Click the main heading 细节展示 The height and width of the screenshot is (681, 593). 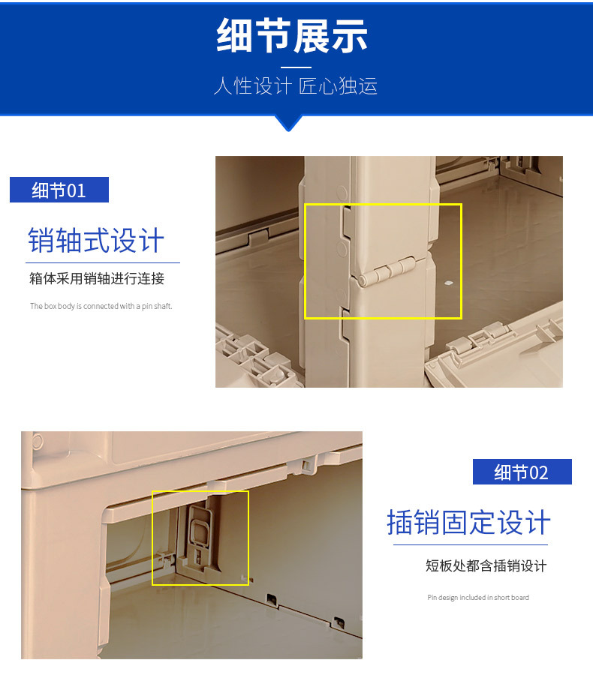(292, 36)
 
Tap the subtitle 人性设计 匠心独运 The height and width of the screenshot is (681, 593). (295, 86)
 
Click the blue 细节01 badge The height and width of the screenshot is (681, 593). (59, 190)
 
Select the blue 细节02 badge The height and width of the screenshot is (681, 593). (522, 472)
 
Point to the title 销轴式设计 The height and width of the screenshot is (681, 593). (96, 241)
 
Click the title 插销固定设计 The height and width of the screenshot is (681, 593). (468, 523)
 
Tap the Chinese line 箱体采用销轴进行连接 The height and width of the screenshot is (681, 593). (97, 279)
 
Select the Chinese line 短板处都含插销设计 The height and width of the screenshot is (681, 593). (486, 565)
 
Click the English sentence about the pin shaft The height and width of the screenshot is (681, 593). (101, 306)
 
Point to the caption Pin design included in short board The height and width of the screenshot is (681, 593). (478, 598)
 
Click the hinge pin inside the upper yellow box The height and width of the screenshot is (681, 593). (387, 271)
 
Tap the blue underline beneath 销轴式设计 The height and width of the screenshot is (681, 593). (103, 263)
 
